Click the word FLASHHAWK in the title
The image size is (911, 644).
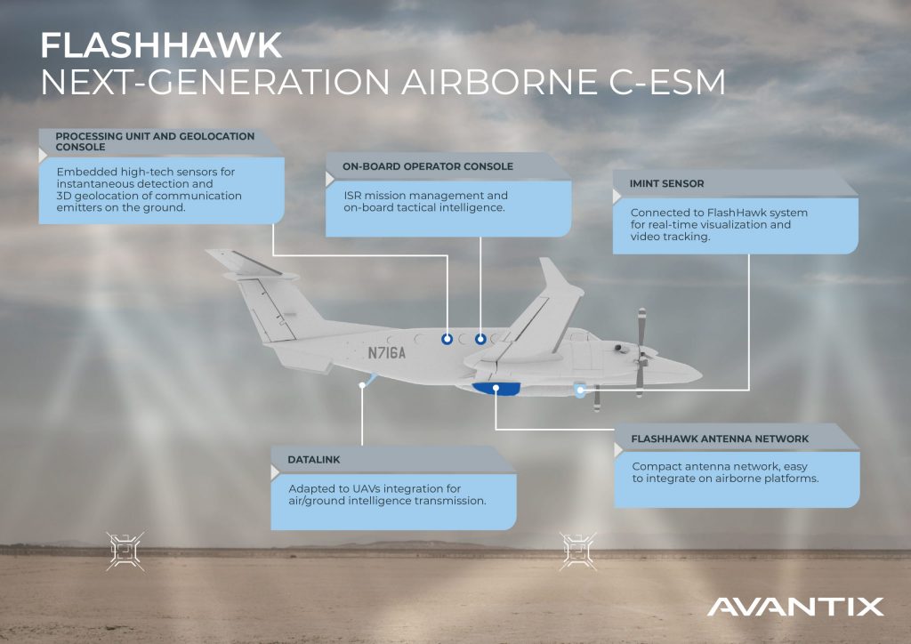(162, 45)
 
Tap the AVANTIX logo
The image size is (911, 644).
(795, 607)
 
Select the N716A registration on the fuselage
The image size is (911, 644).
(386, 352)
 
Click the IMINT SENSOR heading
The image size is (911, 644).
(666, 183)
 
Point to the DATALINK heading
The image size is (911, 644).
(314, 459)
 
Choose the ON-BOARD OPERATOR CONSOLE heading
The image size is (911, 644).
(428, 166)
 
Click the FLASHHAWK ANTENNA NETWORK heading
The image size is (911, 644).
(720, 439)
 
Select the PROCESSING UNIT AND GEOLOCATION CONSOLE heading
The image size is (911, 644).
(155, 141)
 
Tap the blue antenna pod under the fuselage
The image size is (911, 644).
(496, 389)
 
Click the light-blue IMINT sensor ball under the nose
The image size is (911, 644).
(580, 390)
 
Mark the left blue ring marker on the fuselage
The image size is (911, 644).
(447, 339)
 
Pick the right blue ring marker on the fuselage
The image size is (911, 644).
(480, 339)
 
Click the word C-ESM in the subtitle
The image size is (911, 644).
(667, 82)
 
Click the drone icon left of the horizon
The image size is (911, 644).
(125, 551)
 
